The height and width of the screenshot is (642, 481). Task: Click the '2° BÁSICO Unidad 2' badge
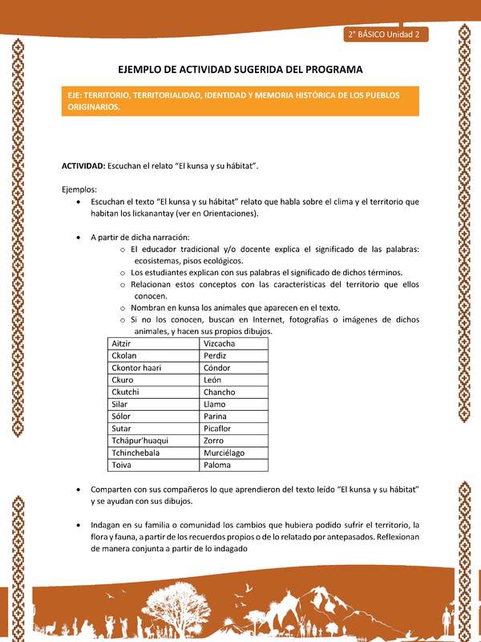click(x=386, y=35)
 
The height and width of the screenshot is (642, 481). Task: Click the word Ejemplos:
click(x=79, y=189)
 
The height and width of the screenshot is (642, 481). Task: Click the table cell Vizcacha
click(x=220, y=343)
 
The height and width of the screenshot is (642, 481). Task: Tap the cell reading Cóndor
click(x=217, y=368)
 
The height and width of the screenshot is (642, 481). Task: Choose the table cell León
click(x=213, y=380)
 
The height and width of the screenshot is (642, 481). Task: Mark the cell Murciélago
click(x=224, y=453)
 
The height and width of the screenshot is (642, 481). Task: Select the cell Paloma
click(x=217, y=465)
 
